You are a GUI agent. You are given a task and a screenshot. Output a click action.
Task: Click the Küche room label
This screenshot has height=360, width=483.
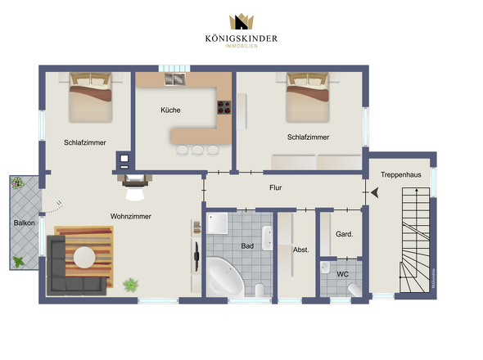(170, 110)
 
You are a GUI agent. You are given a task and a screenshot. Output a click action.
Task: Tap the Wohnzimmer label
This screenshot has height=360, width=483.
(131, 217)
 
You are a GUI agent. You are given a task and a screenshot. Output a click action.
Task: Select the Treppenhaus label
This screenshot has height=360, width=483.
(401, 174)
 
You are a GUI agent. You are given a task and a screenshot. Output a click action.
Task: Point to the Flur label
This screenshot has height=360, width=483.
(275, 187)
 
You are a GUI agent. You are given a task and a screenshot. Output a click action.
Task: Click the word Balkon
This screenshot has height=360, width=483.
(24, 223)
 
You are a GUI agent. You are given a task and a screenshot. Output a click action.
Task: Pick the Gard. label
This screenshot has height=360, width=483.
(345, 234)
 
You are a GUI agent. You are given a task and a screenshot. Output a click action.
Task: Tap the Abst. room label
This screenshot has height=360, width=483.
(300, 250)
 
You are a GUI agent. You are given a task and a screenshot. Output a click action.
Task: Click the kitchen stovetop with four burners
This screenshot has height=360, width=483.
(224, 107)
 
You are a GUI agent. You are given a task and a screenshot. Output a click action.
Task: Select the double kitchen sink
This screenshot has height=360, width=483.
(175, 79)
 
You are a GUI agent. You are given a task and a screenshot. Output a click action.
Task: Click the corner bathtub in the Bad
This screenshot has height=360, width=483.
(224, 277)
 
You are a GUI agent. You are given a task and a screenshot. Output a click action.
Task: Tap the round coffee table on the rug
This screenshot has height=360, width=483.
(84, 257)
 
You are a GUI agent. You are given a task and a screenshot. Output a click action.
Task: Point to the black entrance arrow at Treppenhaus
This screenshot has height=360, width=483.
(375, 193)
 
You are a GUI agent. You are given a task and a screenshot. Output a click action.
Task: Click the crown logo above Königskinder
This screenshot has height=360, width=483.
(241, 21)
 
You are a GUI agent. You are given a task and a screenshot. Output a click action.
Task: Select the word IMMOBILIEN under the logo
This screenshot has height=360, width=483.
(241, 46)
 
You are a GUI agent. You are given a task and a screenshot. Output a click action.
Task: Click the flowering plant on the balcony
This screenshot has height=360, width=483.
(17, 182)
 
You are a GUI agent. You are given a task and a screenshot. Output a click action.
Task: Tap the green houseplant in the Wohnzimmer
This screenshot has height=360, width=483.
(131, 285)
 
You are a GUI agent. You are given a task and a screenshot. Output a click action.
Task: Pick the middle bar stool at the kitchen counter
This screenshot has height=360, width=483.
(197, 151)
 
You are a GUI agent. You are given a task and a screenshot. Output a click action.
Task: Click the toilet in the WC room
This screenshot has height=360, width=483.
(354, 290)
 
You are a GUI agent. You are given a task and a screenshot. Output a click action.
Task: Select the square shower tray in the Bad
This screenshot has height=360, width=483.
(217, 223)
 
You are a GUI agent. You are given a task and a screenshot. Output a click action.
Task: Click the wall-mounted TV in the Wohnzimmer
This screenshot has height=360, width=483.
(196, 257)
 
